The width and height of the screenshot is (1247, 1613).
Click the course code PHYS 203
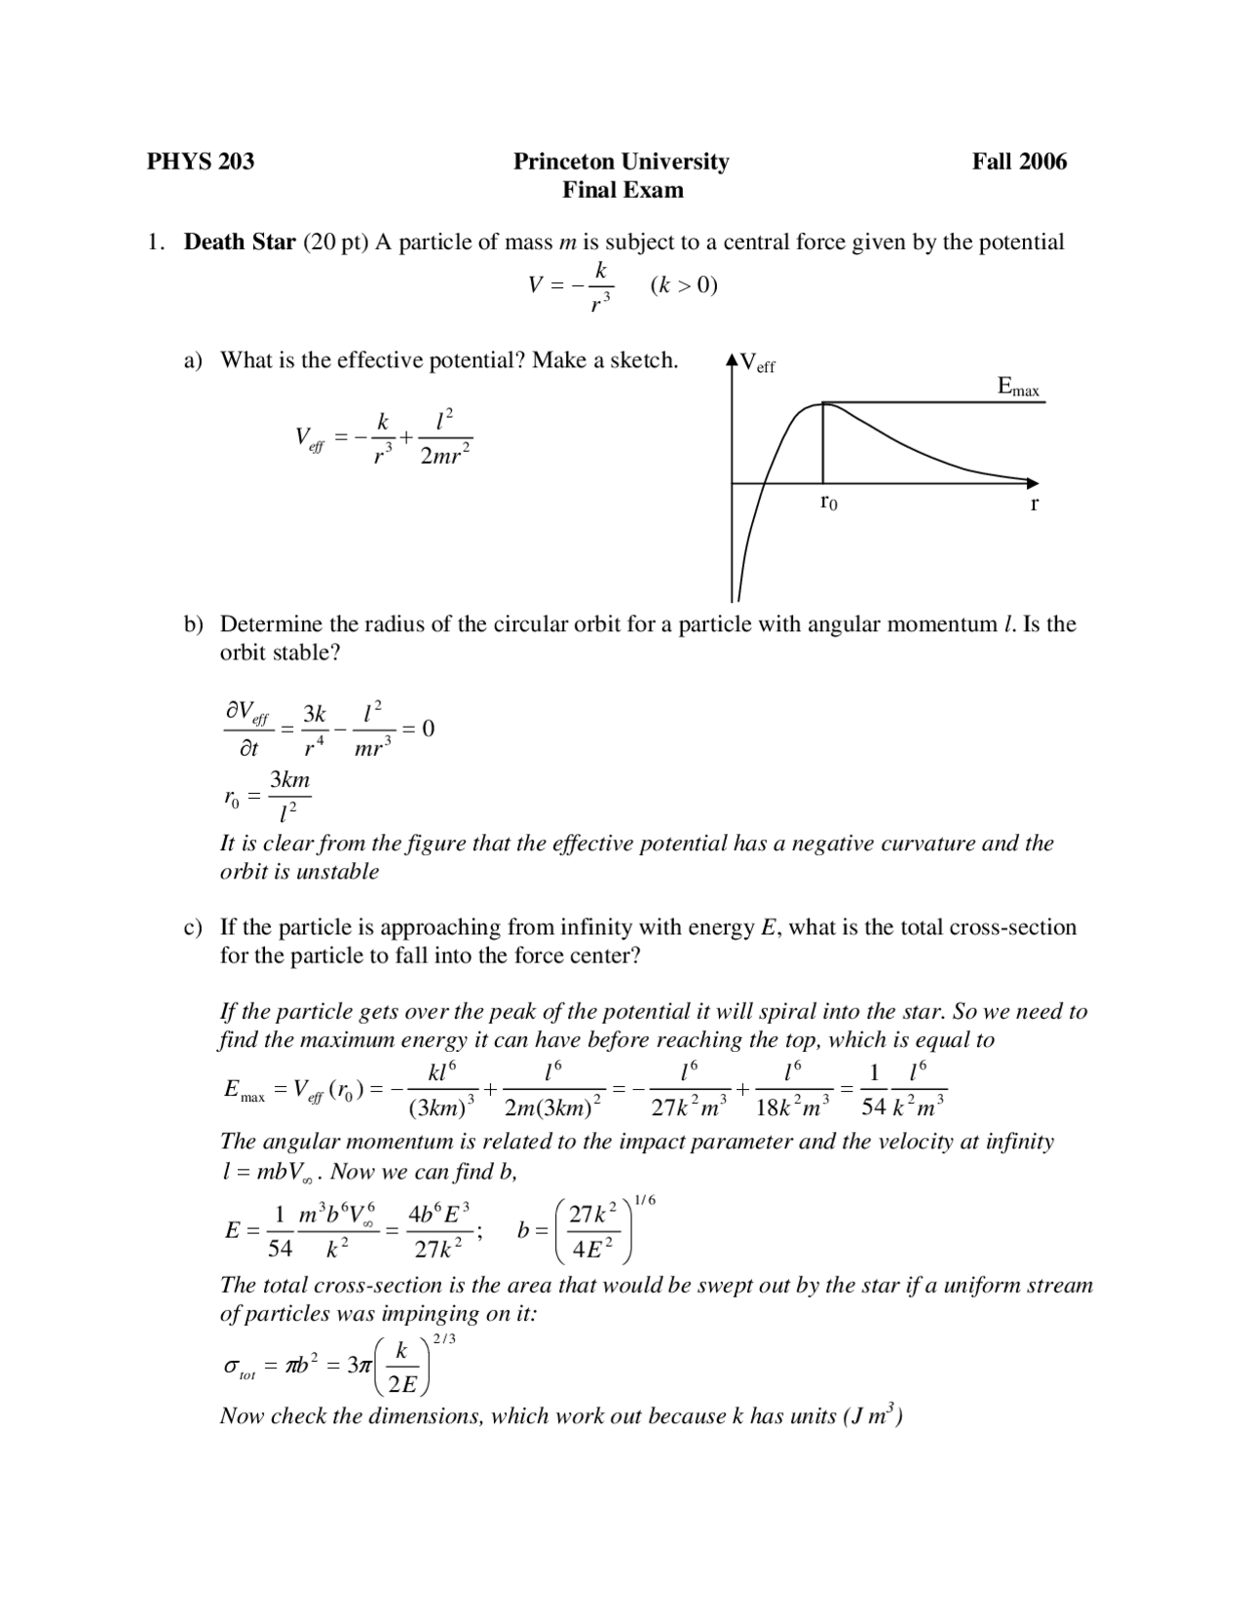point(200,162)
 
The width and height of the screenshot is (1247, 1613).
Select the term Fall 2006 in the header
point(1019,162)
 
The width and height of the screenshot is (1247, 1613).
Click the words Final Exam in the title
point(623,190)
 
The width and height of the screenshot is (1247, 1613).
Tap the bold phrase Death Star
point(240,242)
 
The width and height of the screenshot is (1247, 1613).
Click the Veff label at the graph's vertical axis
point(757,364)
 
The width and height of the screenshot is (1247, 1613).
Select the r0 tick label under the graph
point(828,503)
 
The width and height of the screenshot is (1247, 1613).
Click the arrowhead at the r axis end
point(1033,482)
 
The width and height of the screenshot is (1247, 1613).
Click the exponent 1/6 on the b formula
point(645,1201)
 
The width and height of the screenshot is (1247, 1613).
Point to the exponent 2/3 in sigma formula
point(444,1338)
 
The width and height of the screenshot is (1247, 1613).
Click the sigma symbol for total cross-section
point(232,1368)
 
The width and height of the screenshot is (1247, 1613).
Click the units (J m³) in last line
point(871,1415)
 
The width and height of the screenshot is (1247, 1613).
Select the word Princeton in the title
point(564,162)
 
